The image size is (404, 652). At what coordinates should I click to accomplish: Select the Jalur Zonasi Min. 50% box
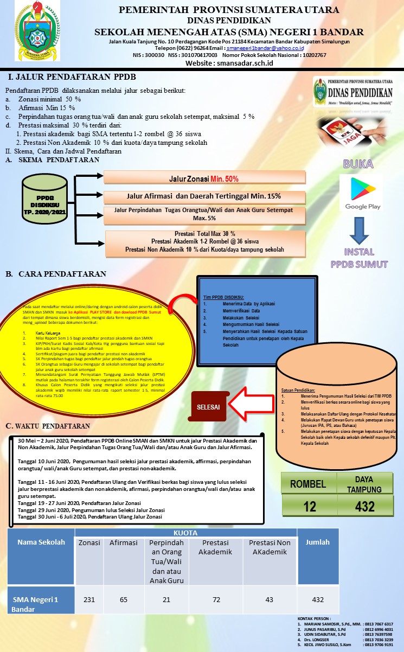click(x=204, y=178)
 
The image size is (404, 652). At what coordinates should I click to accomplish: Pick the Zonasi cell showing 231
click(x=89, y=599)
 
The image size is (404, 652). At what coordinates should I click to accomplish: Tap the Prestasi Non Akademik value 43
click(x=269, y=599)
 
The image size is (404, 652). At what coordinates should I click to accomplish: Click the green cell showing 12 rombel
click(x=310, y=506)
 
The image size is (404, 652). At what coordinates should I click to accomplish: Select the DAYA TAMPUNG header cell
click(x=364, y=484)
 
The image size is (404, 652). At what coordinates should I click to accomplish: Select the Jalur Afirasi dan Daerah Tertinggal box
click(x=204, y=196)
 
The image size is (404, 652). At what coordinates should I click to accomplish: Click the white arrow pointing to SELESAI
click(x=251, y=403)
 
